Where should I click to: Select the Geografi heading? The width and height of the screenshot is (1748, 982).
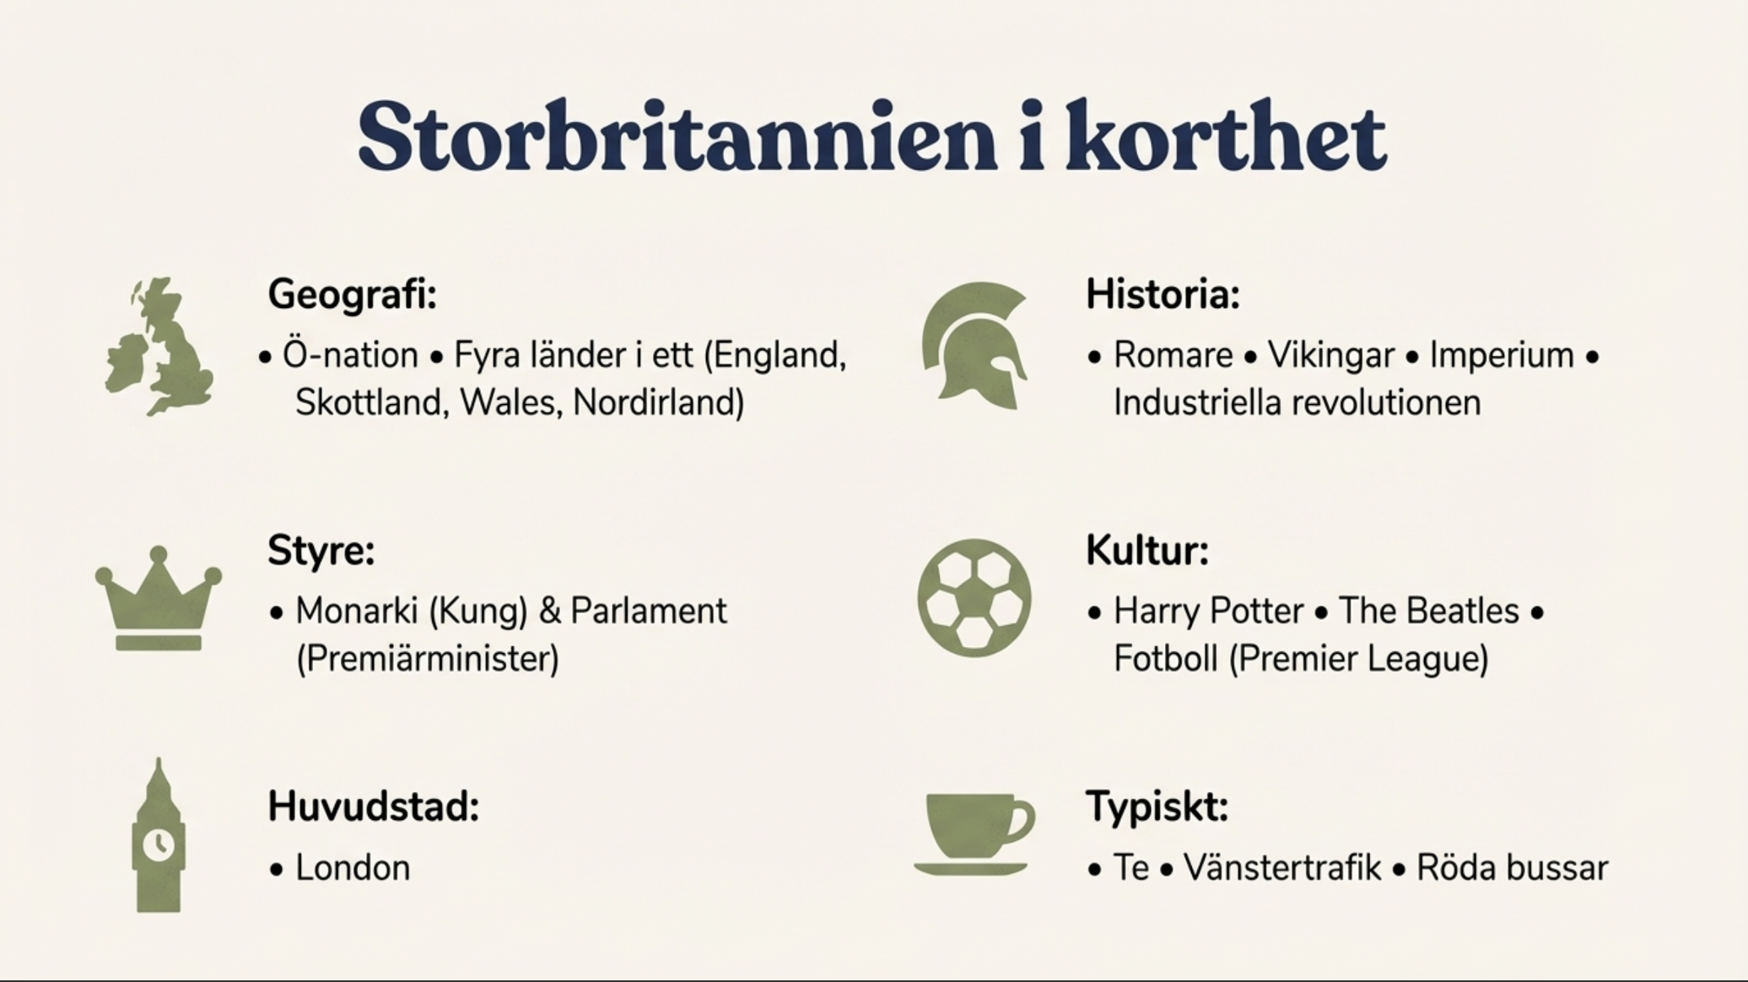point(353,295)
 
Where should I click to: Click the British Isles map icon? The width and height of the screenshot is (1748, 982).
point(159,346)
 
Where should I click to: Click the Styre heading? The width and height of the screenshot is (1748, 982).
point(321,552)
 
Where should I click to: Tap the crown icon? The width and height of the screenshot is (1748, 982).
point(159,599)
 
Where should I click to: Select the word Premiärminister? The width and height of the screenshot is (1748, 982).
point(428,659)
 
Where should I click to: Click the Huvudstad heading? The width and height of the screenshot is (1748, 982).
point(374,807)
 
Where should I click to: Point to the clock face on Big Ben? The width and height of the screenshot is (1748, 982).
point(158,844)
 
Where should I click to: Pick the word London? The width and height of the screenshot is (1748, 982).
point(353,868)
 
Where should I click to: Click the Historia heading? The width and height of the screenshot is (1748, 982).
point(1163,294)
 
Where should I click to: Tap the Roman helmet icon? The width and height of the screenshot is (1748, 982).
point(974,346)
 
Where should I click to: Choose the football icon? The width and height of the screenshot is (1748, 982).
point(974,598)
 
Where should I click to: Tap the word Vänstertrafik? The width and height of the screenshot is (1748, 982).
point(1282,868)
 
